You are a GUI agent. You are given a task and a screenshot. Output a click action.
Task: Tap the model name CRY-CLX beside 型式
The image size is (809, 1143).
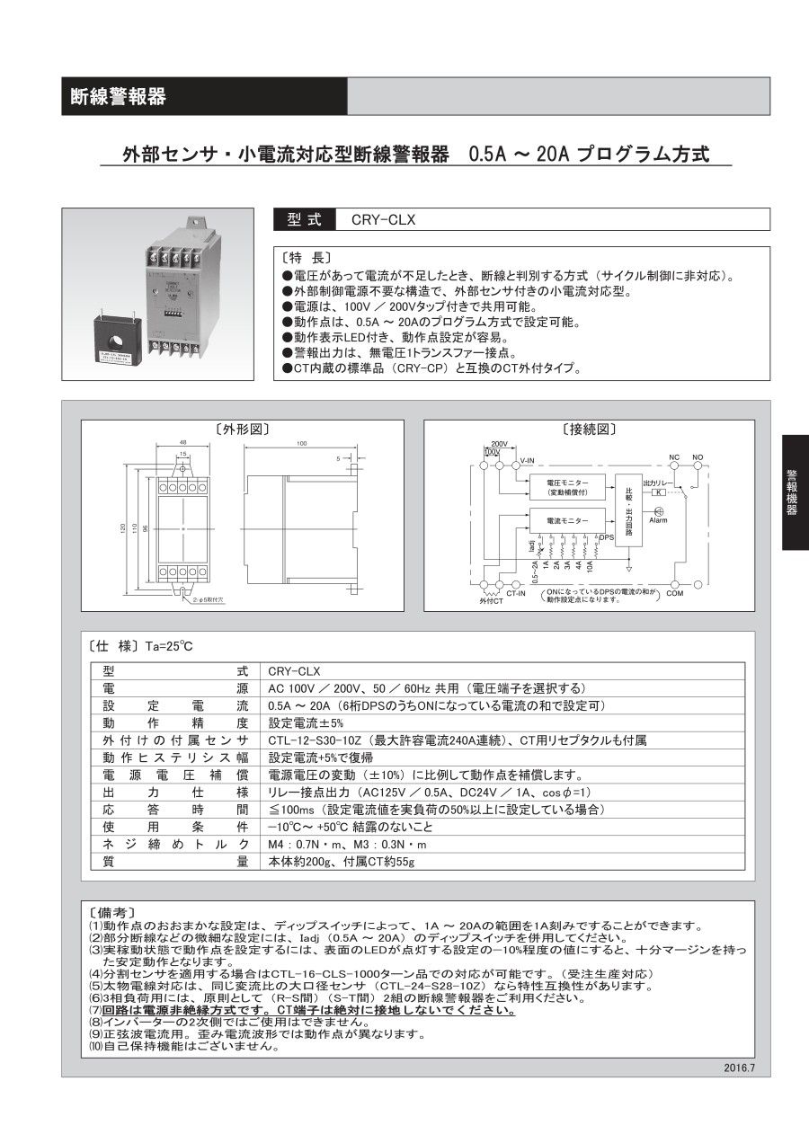click(x=384, y=219)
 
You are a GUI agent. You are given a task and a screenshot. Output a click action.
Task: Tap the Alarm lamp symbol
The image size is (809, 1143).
click(x=658, y=511)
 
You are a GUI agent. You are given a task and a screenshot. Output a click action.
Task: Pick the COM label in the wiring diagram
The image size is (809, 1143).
click(x=675, y=593)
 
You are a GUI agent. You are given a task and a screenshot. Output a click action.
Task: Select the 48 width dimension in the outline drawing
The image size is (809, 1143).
click(x=182, y=443)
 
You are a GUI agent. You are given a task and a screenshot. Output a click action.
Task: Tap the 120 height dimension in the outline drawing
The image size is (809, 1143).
click(x=123, y=528)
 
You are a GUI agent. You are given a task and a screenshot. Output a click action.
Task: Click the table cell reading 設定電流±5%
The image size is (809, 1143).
click(x=295, y=722)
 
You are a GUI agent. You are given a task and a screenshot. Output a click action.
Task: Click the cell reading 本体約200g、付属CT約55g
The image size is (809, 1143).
click(x=342, y=861)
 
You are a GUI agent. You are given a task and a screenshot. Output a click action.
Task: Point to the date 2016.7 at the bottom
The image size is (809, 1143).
click(x=740, y=1068)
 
